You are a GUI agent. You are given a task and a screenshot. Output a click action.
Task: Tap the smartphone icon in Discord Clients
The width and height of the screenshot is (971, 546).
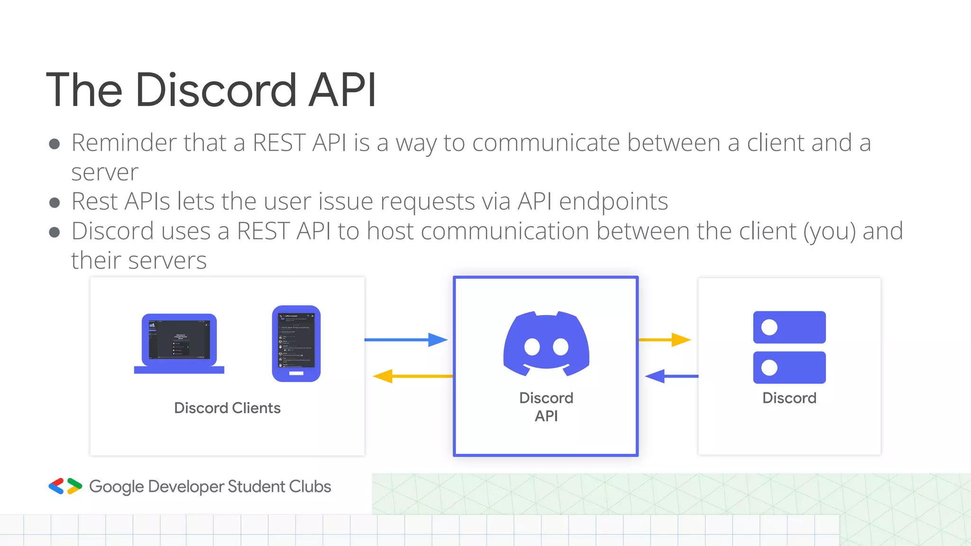tap(296, 343)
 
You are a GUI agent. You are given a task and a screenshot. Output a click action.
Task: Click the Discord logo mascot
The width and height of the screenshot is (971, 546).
tap(546, 344)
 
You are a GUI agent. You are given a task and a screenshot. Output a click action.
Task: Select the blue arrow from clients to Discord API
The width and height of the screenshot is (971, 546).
tap(406, 339)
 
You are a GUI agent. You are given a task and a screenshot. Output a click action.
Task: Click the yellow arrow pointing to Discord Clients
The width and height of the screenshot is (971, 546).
tap(412, 376)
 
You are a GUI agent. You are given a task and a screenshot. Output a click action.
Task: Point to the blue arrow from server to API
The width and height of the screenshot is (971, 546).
tap(671, 376)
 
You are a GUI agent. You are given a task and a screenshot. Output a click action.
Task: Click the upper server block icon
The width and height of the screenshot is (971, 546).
tap(789, 327)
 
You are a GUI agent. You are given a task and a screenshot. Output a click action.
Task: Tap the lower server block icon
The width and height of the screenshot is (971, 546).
tap(789, 367)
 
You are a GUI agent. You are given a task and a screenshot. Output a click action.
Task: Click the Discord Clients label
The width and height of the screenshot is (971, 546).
tap(227, 408)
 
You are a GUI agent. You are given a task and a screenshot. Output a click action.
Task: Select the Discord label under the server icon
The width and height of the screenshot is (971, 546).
tap(789, 398)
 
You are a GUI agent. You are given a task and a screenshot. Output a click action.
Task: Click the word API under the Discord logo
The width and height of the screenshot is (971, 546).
tap(546, 416)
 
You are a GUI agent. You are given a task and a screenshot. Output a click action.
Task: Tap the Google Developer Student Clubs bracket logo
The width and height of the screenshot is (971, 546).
tap(65, 486)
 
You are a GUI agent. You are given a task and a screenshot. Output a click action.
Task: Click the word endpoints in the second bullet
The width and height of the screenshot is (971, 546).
tap(614, 201)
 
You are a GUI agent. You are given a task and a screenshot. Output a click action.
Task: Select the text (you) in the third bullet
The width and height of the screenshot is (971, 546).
tap(829, 231)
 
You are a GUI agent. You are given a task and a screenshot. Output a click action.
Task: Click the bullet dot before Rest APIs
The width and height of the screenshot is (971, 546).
tap(55, 203)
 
